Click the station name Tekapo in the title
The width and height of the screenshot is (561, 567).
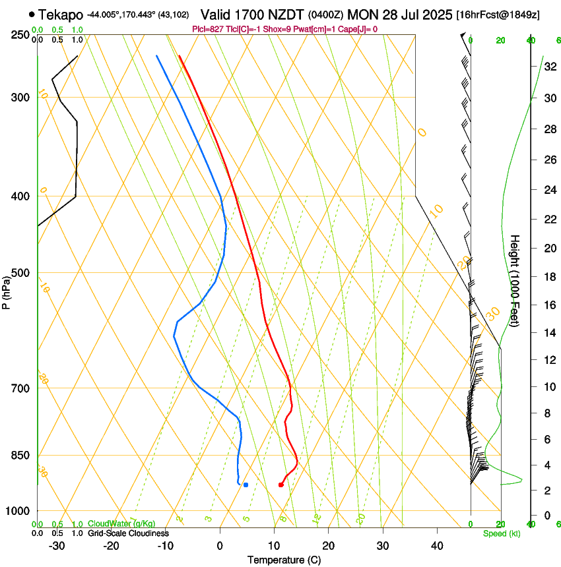click(x=60, y=14)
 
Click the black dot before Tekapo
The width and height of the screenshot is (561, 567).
click(x=31, y=14)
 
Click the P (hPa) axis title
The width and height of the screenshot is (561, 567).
click(x=7, y=290)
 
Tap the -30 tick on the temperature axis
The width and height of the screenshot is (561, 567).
click(x=57, y=545)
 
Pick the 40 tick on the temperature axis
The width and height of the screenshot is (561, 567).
click(x=436, y=545)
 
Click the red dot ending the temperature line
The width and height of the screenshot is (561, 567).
click(x=281, y=485)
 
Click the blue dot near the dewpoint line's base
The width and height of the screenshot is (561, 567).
click(x=246, y=485)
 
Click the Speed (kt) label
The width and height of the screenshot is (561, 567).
click(x=501, y=533)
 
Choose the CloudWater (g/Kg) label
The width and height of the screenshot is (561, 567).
click(x=121, y=524)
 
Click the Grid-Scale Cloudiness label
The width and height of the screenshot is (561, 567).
click(x=129, y=533)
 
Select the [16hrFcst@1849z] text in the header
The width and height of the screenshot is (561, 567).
click(x=498, y=15)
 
